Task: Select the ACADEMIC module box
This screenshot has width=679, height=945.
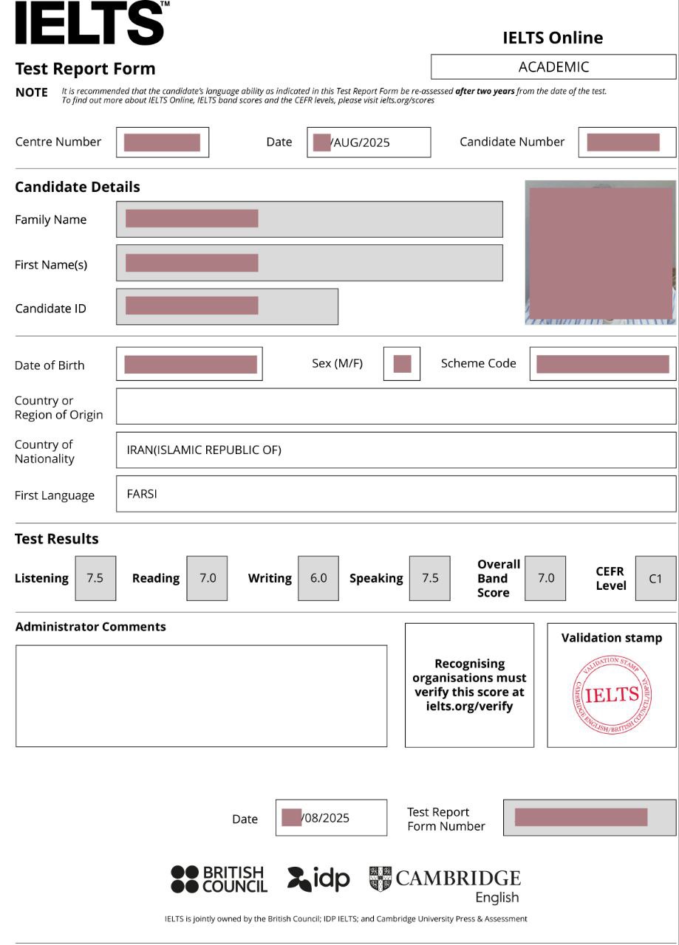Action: (x=553, y=67)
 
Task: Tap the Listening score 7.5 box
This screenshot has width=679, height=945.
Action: (x=95, y=578)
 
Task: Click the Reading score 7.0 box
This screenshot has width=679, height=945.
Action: (x=207, y=578)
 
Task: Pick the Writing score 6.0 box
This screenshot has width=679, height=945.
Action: (x=318, y=578)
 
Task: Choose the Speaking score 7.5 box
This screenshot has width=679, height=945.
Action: (x=429, y=578)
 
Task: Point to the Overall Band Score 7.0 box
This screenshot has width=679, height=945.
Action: (x=545, y=578)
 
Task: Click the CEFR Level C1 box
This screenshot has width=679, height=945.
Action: (x=655, y=578)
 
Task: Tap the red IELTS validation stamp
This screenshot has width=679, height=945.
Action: (x=612, y=695)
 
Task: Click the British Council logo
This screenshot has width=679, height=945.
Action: (x=219, y=879)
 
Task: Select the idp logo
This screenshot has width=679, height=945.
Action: (x=318, y=879)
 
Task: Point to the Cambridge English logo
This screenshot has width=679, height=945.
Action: (x=446, y=884)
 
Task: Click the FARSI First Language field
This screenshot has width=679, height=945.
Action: (x=395, y=494)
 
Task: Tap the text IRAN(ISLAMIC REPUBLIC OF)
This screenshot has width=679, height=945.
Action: (x=204, y=450)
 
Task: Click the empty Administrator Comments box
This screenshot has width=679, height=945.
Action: (x=201, y=695)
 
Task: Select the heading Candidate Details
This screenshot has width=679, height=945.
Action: (x=78, y=187)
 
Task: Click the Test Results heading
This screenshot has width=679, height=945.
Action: (x=57, y=539)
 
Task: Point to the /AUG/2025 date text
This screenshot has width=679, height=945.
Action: (x=361, y=143)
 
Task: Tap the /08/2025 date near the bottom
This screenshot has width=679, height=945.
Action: (x=326, y=818)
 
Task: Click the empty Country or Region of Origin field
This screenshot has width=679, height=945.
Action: (x=395, y=406)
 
